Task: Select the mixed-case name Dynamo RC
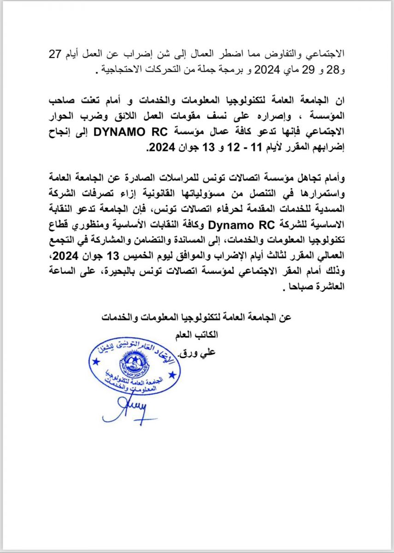[237, 225]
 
